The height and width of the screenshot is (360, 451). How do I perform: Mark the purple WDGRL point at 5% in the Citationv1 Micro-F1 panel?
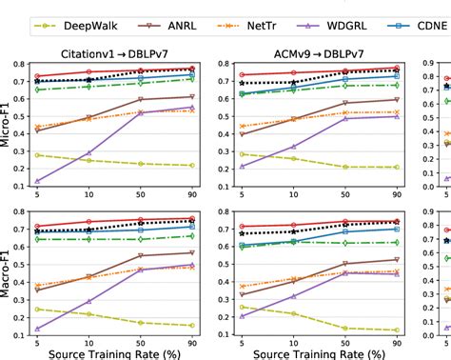37,181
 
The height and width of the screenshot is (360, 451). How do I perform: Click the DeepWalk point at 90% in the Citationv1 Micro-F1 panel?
191,166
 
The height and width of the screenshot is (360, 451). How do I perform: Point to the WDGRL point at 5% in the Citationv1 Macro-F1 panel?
37,329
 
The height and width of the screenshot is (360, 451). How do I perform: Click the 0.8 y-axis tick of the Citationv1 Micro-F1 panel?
21,65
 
